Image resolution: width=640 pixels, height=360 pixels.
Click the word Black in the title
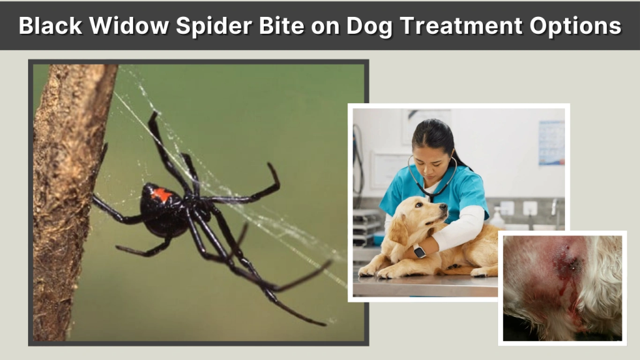pos(47,26)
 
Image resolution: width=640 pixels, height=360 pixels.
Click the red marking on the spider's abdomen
pos(161,195)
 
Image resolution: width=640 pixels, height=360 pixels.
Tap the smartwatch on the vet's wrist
pos(419,251)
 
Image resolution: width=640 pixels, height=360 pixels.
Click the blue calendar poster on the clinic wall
pos(551,142)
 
